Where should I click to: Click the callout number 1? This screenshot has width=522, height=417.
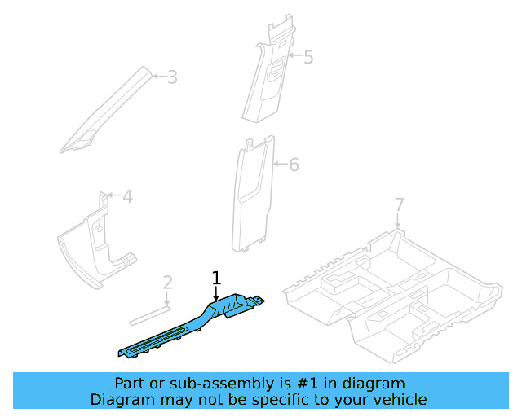216,278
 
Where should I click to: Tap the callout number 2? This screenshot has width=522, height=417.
168,283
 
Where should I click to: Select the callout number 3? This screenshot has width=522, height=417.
172,77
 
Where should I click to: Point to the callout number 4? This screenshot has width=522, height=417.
127,196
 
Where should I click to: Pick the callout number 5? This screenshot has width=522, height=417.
307,57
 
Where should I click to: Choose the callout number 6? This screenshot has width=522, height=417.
294,165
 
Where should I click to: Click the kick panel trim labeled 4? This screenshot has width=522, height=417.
94,244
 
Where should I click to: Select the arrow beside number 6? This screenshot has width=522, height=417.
278,165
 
